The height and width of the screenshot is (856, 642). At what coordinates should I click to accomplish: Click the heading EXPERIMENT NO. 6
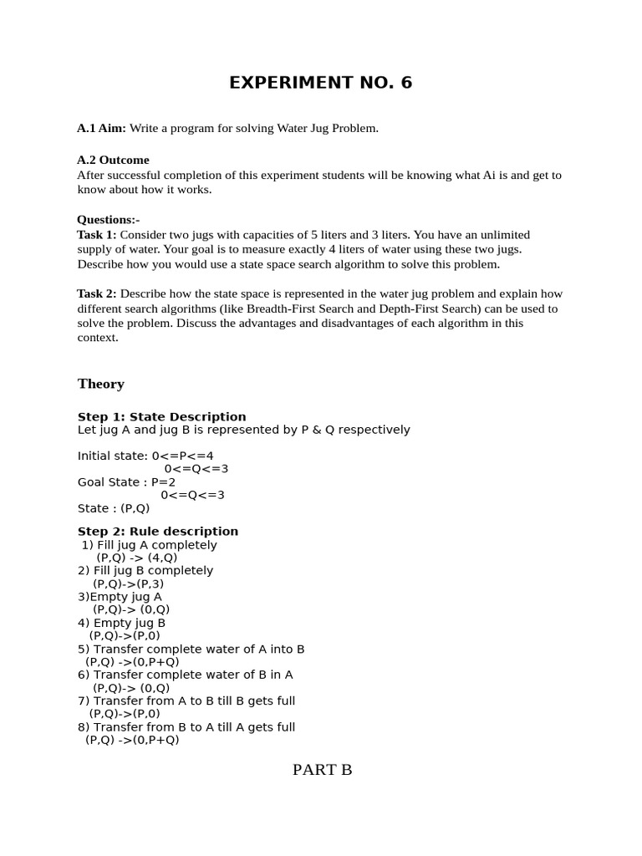[321, 83]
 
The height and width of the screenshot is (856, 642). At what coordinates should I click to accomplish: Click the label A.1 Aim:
[101, 128]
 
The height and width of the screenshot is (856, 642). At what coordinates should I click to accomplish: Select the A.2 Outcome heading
[113, 160]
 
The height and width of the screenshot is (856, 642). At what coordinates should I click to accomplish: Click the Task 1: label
[97, 235]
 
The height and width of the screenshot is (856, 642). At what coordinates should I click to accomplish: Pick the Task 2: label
[97, 293]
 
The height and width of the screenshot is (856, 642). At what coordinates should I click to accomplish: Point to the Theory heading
[101, 384]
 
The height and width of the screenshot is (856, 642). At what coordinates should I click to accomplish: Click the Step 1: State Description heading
[161, 416]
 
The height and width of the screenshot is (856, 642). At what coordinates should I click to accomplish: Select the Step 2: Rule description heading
[157, 531]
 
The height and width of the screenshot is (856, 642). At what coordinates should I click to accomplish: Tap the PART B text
[322, 770]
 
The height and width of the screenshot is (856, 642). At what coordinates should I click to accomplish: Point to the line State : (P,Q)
[114, 508]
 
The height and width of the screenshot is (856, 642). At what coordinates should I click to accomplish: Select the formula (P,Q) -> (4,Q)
[136, 558]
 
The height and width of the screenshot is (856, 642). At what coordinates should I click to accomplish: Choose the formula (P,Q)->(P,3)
[128, 583]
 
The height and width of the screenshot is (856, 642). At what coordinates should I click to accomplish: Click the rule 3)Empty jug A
[120, 597]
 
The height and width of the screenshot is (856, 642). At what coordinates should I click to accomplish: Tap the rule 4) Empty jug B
[122, 623]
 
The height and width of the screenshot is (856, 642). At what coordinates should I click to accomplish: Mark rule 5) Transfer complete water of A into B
[191, 649]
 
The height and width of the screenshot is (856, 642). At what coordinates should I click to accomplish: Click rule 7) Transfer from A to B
[186, 701]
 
